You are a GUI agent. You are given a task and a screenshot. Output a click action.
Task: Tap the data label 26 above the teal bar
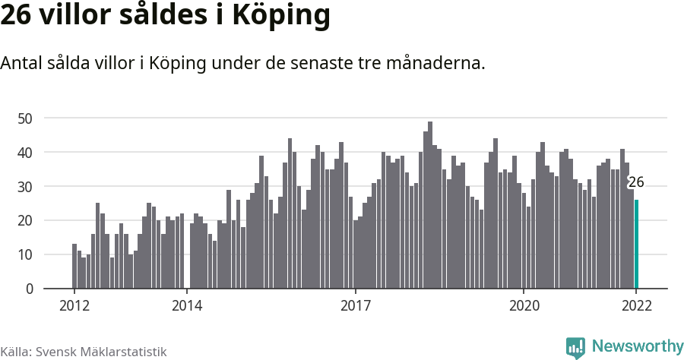point(635,182)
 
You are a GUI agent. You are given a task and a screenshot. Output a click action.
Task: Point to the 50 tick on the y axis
point(25,118)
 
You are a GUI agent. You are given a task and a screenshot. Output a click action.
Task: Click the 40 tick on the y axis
point(25,153)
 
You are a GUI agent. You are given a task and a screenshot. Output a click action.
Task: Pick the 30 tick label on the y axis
point(25,187)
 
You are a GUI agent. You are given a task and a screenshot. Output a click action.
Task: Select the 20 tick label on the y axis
point(25,221)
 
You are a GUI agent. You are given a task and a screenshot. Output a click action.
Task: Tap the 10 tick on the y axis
point(25,255)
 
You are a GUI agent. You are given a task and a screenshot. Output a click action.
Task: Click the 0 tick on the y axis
point(29,289)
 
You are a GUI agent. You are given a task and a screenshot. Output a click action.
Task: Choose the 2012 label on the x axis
point(74,306)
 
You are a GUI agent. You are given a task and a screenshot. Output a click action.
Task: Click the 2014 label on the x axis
point(186,306)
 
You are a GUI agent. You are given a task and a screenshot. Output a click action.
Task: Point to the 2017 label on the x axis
point(355,306)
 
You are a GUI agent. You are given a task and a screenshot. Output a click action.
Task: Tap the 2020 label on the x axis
point(524,306)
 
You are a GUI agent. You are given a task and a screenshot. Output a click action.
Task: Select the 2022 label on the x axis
point(636,306)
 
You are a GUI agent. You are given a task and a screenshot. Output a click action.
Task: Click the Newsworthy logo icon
point(575,347)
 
